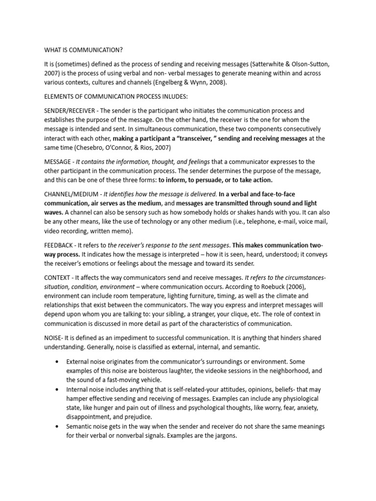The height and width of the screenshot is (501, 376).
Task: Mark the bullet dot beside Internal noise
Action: (58, 389)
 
